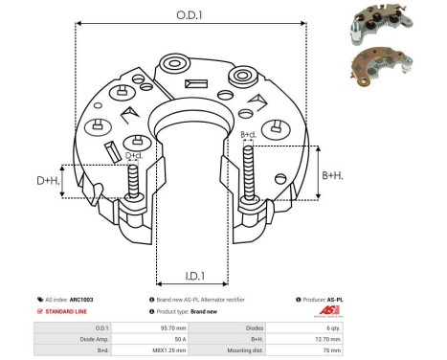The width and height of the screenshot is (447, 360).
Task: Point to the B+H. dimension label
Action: pyautogui.click(x=332, y=175)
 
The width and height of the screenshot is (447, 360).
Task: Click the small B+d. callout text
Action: pyautogui.click(x=248, y=135)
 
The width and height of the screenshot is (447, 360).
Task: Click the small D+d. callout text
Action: pyautogui.click(x=135, y=155)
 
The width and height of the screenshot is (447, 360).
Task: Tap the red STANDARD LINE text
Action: pyautogui.click(x=69, y=312)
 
